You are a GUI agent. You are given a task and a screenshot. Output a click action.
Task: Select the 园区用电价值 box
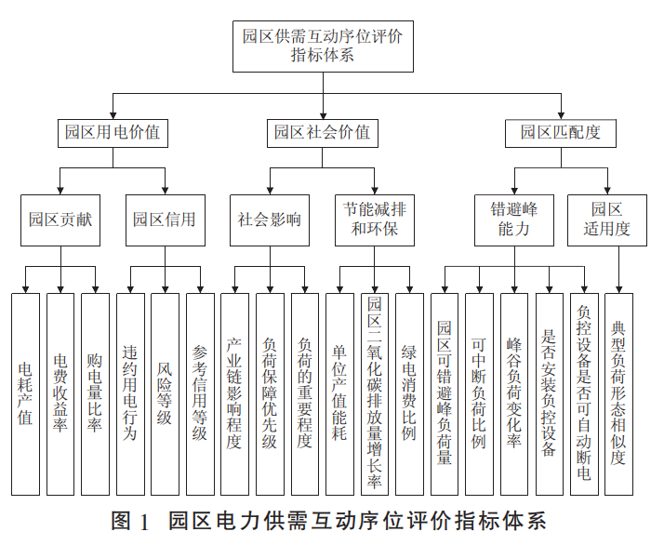point(109,132)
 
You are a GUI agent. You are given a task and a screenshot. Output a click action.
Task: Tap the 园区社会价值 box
point(322,132)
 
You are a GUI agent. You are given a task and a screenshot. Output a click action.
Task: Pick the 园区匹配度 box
point(561,132)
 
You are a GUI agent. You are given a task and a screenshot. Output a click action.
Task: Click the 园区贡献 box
point(60,220)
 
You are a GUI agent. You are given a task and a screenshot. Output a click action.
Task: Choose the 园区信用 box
point(165,220)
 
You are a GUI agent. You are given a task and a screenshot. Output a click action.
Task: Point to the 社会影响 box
point(270,220)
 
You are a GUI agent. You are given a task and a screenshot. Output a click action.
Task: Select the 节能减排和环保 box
point(375,219)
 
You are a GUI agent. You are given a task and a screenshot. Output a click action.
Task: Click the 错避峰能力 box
point(513,219)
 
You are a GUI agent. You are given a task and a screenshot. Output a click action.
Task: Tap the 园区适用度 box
point(606,219)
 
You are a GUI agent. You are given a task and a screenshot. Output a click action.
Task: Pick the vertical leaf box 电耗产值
point(25,393)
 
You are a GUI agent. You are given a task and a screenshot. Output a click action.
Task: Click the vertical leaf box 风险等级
point(165,393)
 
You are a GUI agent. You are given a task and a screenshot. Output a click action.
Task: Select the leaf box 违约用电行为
point(130,393)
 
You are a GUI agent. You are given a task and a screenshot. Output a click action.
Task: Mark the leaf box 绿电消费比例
point(409,393)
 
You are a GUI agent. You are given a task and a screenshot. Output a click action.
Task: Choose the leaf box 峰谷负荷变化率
point(514,393)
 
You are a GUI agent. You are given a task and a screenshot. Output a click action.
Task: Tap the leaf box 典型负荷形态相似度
point(618,393)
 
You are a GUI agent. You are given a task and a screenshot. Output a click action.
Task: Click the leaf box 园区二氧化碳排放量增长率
point(375,393)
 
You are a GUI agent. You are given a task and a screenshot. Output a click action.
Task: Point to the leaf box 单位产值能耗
point(339,393)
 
